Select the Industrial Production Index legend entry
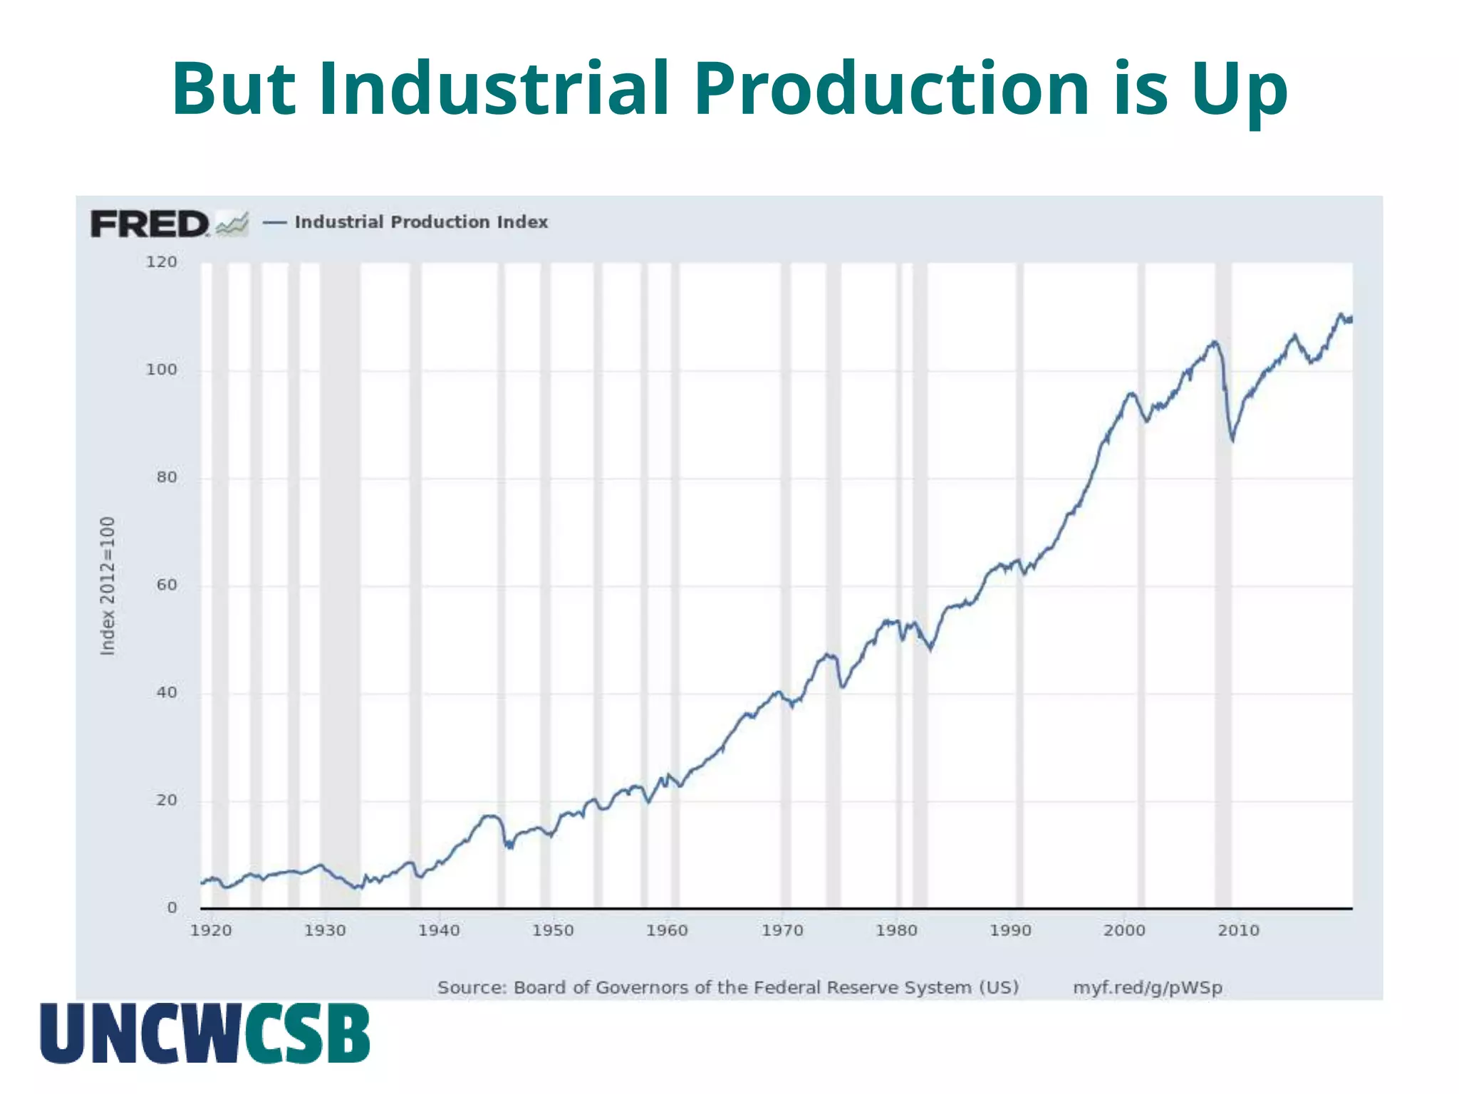[420, 222]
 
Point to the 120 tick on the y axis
[162, 262]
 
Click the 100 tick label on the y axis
[162, 370]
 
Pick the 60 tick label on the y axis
[167, 585]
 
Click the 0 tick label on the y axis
[172, 908]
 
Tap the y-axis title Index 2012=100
[108, 585]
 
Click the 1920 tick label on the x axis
[211, 930]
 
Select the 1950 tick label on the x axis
[553, 930]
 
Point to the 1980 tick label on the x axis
[896, 930]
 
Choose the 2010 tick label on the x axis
[1238, 930]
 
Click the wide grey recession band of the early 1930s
[340, 570]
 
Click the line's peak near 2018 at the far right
[1341, 314]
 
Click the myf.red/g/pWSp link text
[1148, 988]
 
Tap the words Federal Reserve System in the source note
[862, 988]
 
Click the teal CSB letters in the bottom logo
[308, 1033]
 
